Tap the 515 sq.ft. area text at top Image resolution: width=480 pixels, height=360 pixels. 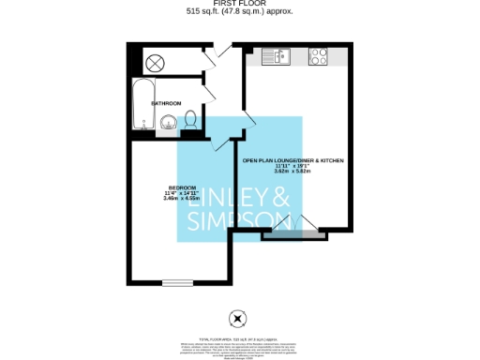pyautogui.click(x=240, y=12)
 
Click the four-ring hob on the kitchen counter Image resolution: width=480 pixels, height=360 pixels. pyautogui.click(x=315, y=55)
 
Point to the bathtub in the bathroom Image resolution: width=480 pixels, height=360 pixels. pyautogui.click(x=143, y=102)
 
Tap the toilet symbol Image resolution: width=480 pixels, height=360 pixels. pyautogui.click(x=189, y=120)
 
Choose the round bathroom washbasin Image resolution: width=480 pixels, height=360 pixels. pyautogui.click(x=169, y=121)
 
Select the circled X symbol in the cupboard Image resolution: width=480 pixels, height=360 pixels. pyautogui.click(x=155, y=62)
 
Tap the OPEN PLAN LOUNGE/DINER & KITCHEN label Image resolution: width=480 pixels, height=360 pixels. pyautogui.click(x=293, y=161)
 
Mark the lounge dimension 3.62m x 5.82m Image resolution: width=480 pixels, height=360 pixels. pyautogui.click(x=293, y=172)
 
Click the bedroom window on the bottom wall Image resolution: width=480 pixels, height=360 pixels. pyautogui.click(x=176, y=282)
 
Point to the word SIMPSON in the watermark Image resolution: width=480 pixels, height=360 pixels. pyautogui.click(x=240, y=220)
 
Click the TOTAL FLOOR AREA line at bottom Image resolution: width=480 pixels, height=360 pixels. pyautogui.click(x=240, y=335)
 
